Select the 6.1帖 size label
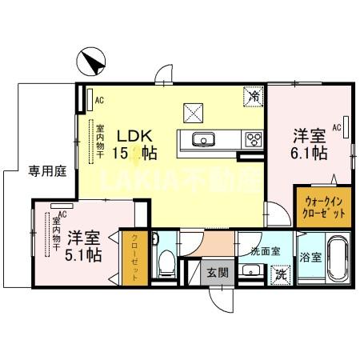307,153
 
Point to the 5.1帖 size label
82,255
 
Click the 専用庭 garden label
26,171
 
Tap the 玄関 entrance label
218,273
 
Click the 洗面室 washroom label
265,251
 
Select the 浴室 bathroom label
310,258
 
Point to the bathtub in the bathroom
334,259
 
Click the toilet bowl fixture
166,260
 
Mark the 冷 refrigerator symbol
253,95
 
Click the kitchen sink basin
202,141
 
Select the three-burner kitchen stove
253,140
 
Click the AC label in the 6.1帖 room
338,126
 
